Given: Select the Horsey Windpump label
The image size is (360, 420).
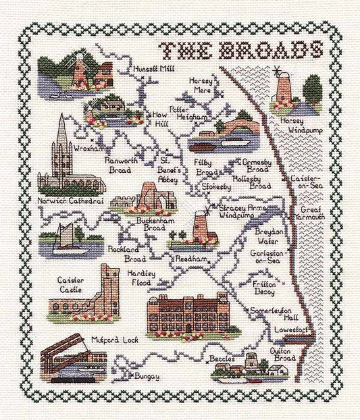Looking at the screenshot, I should click(x=297, y=124).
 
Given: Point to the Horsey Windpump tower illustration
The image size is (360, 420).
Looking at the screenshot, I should click(x=282, y=89).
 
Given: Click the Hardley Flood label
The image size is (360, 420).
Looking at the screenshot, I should click(x=140, y=278).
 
